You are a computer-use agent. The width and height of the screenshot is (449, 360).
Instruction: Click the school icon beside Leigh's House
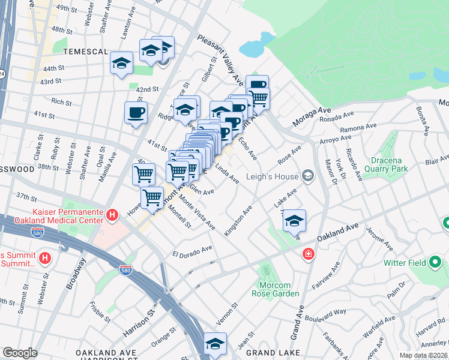308,175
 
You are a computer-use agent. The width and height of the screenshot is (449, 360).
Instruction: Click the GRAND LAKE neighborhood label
268,352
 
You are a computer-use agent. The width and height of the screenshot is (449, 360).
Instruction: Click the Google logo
20,353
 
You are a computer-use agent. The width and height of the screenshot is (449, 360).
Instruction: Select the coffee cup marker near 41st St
136,112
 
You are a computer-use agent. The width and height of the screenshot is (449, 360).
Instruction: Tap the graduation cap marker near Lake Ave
294,221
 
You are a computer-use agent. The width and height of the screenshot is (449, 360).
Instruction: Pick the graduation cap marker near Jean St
215,343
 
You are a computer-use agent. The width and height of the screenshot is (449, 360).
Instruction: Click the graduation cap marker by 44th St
121,64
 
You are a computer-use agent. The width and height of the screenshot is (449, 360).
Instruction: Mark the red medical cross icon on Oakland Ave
308,254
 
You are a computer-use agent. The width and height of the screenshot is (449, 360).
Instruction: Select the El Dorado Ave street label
193,250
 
